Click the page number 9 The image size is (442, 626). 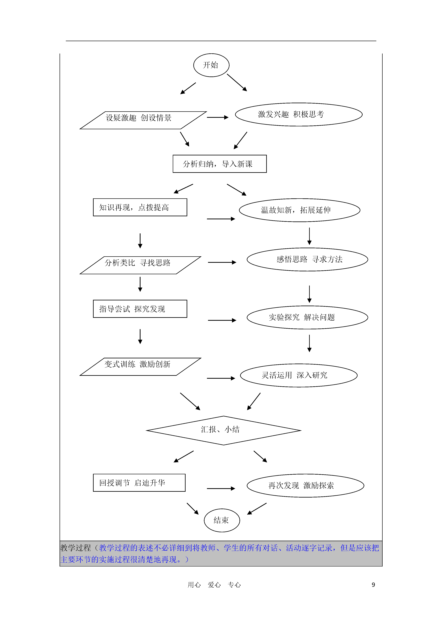point(373,585)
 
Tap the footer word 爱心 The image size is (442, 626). point(214,585)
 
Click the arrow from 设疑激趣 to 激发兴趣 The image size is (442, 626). point(218,117)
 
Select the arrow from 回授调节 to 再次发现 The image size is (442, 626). point(221,489)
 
